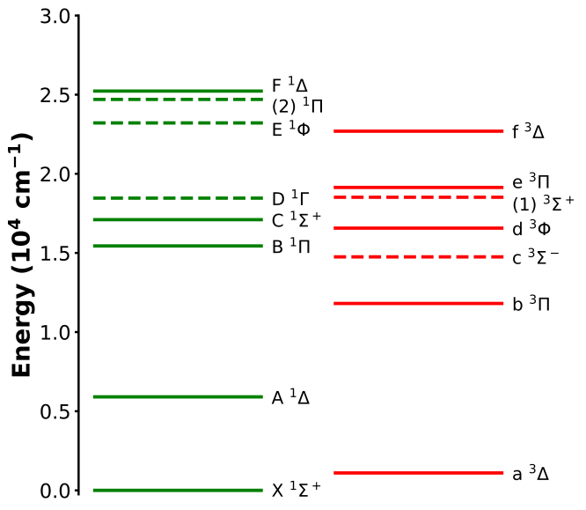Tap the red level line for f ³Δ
pos(418,131)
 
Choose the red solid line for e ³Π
pos(418,187)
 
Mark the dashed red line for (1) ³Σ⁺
pos(418,197)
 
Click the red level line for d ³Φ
pos(418,228)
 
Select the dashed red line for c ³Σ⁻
pos(418,257)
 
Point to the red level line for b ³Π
pos(418,303)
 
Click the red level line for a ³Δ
pos(418,472)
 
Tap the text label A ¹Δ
pos(290,397)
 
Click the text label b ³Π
pos(531,304)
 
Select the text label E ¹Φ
pos(290,129)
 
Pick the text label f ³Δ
pos(528,132)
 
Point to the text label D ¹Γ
pos(290,199)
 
